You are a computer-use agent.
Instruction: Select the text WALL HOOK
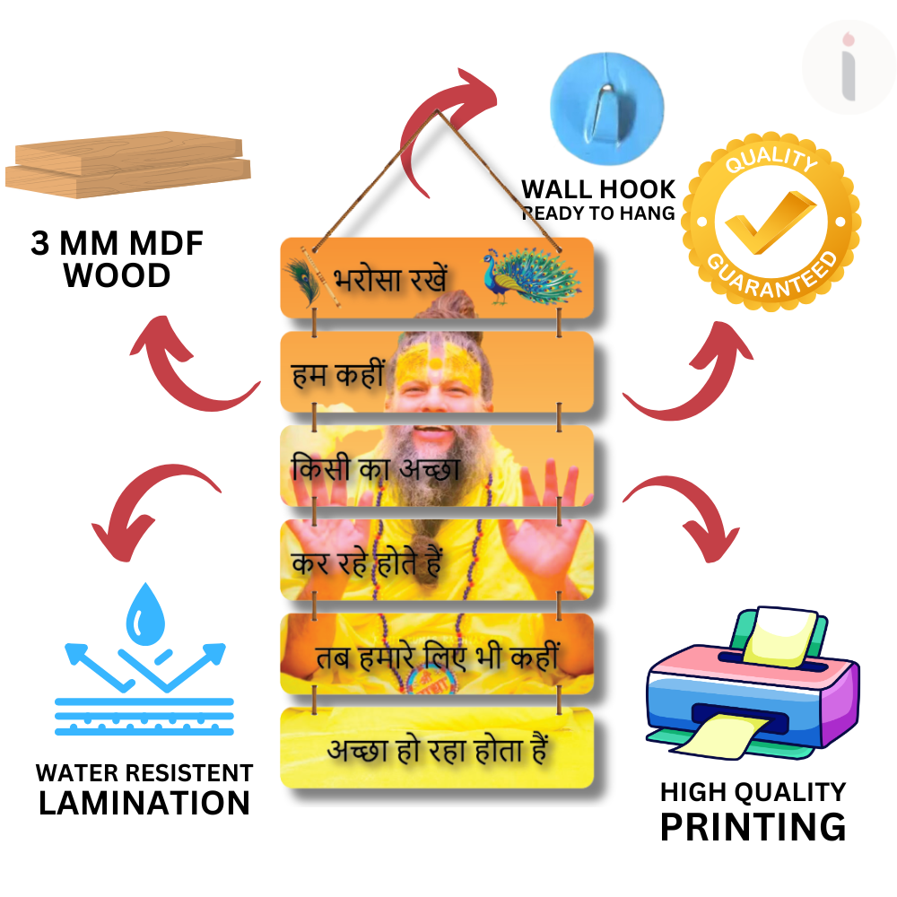click(x=598, y=189)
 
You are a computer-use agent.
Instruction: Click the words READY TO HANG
click(x=598, y=213)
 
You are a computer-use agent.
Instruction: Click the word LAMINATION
click(x=144, y=803)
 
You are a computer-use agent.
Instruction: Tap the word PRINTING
click(x=753, y=826)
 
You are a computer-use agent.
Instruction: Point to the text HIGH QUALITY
click(x=753, y=792)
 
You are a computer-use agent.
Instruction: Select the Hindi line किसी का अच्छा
click(x=376, y=468)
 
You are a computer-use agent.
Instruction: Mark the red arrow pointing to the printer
click(x=684, y=520)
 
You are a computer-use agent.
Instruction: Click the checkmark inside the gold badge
click(x=769, y=222)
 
